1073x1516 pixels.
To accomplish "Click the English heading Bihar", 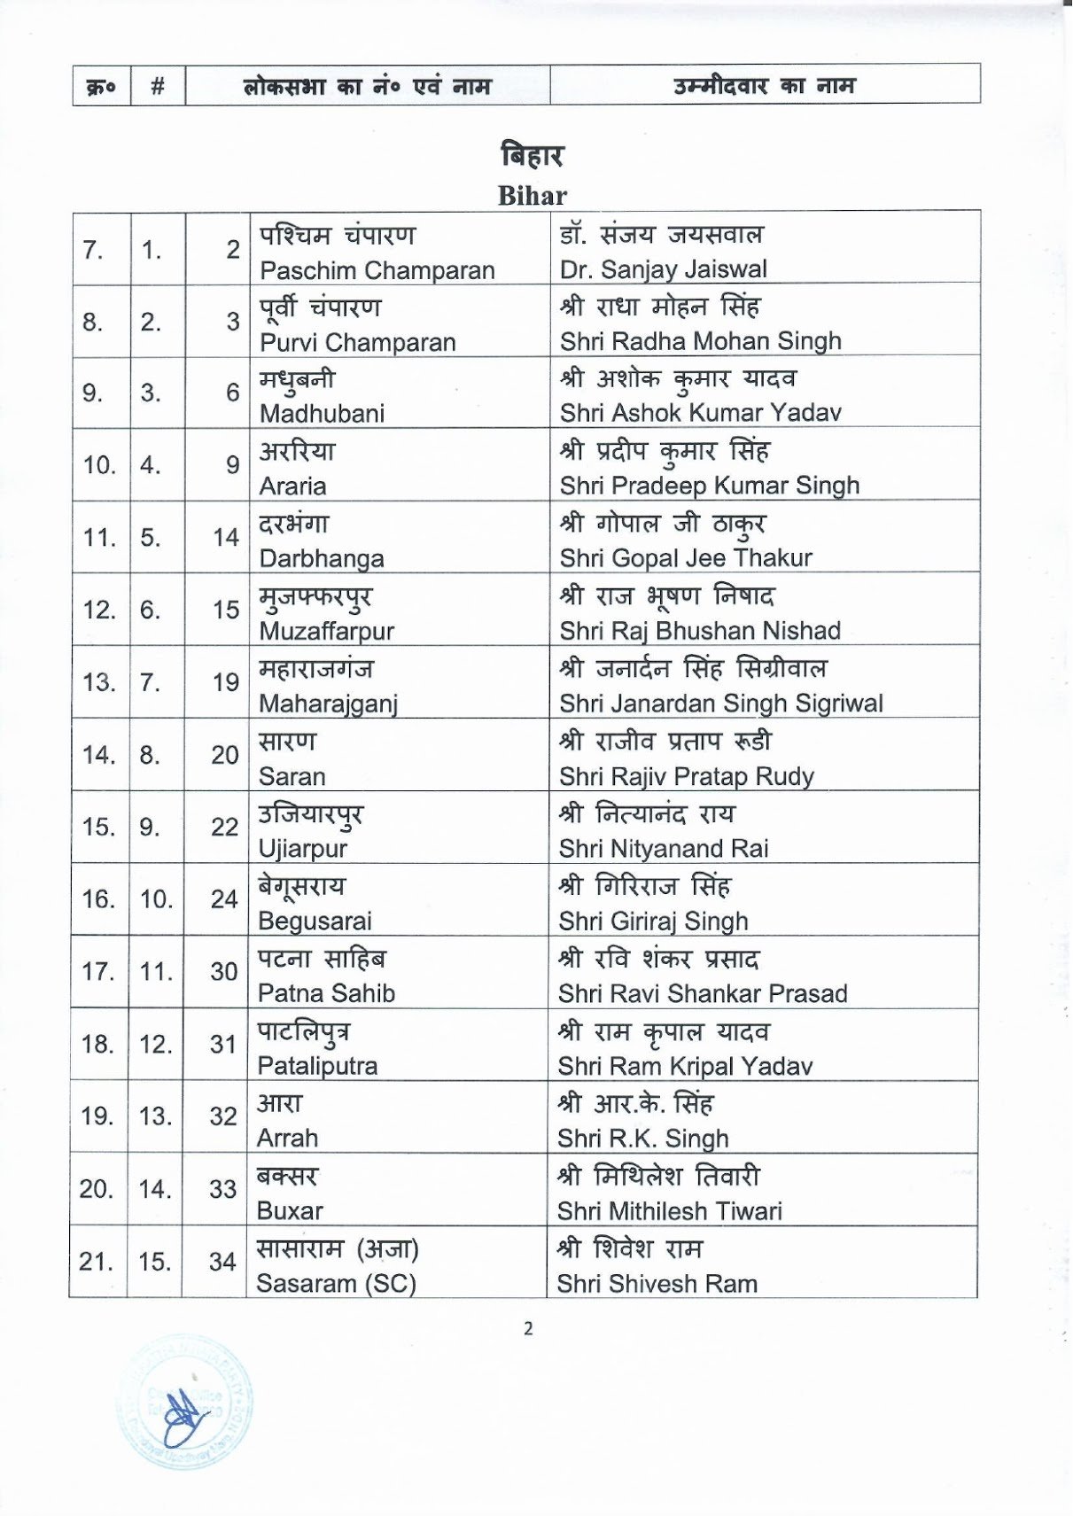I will click(x=532, y=196).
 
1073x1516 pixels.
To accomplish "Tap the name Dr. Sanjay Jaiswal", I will click(x=663, y=268).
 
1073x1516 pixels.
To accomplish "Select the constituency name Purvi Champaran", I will click(x=357, y=342).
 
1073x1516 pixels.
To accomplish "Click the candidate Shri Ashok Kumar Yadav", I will click(x=700, y=412).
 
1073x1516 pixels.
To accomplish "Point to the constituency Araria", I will click(x=292, y=486).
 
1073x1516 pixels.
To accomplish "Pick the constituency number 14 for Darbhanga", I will click(x=225, y=537).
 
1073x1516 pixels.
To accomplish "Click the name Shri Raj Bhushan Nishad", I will click(x=700, y=630).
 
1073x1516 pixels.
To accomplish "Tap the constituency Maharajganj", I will click(x=328, y=704).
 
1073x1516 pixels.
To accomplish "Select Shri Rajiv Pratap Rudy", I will click(x=686, y=776).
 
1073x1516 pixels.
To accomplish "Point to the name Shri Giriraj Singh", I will click(x=653, y=921).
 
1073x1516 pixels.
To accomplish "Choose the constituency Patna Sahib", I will click(x=326, y=993).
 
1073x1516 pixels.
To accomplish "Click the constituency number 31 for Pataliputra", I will click(x=223, y=1044).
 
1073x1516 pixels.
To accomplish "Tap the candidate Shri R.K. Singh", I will click(x=642, y=1138).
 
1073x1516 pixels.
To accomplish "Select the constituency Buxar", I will click(x=290, y=1210).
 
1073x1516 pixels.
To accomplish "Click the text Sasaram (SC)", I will click(x=336, y=1283).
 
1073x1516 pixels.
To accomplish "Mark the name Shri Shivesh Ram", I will click(x=657, y=1283).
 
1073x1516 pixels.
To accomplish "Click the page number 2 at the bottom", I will click(x=528, y=1328).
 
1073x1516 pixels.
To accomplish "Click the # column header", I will click(x=158, y=86).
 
